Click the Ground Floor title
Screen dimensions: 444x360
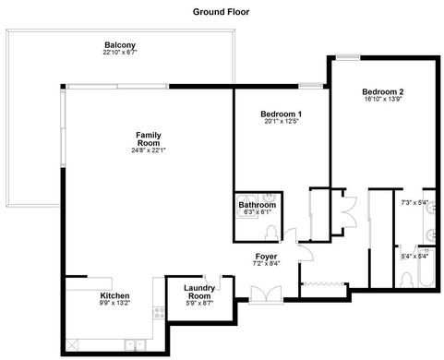coord(221,12)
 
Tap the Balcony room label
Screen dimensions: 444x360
coord(120,45)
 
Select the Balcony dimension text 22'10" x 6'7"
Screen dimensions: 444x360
coord(120,53)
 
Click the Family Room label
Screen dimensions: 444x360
coord(149,139)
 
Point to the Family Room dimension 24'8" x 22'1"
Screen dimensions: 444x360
coord(149,150)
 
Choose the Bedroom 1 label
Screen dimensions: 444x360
coord(282,114)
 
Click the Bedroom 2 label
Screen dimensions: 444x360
coord(383,91)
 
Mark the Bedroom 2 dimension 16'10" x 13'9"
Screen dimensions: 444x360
coord(383,99)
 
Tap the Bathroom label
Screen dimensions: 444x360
coord(258,205)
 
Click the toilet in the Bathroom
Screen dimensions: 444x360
coord(271,233)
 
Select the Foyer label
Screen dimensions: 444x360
coord(266,257)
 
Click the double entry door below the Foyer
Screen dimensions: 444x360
coord(266,294)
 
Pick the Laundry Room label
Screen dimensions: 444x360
coord(199,292)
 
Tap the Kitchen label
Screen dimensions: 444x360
coord(114,295)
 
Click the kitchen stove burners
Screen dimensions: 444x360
coord(159,313)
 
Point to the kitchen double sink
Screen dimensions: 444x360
coord(135,344)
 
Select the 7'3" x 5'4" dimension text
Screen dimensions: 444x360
coord(414,203)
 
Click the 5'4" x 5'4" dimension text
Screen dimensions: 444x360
coord(414,256)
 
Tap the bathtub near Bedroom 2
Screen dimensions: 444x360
coord(426,268)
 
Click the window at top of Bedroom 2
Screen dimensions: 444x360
coord(348,57)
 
